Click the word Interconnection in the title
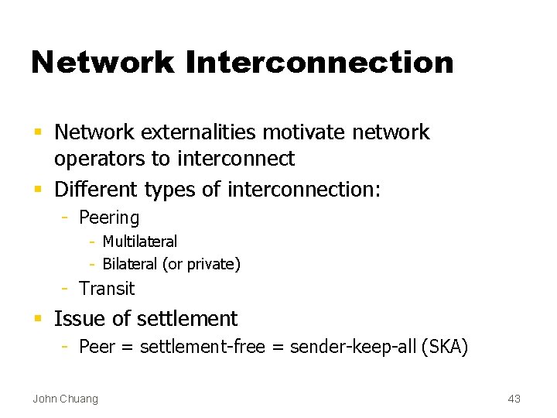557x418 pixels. [x=320, y=63]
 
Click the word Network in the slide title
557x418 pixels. [x=103, y=63]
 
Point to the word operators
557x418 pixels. [x=101, y=159]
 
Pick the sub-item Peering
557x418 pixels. [x=109, y=218]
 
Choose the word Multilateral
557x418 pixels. [x=140, y=242]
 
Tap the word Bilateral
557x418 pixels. [x=130, y=264]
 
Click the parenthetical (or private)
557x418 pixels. [x=201, y=264]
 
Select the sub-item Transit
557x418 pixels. [x=107, y=289]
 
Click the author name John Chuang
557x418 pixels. [x=65, y=399]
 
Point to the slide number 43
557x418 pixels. [x=514, y=399]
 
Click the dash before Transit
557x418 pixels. [x=67, y=289]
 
